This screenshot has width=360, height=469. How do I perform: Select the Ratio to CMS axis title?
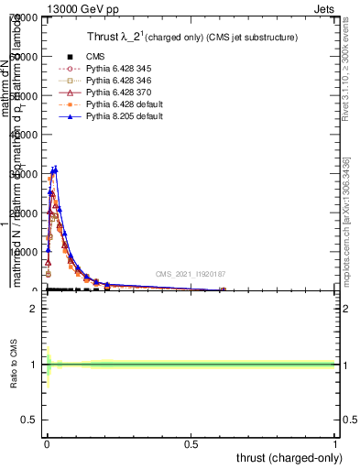pos(15,365)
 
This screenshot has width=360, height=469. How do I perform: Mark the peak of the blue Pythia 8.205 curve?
pos(55,169)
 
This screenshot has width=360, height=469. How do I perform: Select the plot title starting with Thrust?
pos(183,37)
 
